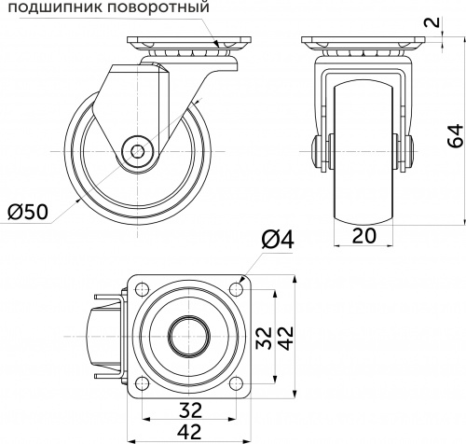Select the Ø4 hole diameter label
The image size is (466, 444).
coord(279,240)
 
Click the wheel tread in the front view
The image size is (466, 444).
coord(363,187)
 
